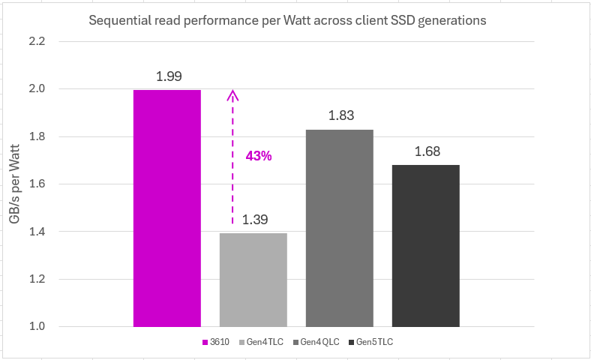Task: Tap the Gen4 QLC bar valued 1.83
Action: [x=339, y=228]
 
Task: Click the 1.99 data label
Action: [x=168, y=76]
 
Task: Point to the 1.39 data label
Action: [x=253, y=220]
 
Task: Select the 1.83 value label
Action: [x=340, y=115]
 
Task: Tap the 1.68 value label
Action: [x=426, y=151]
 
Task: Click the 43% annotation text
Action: [x=259, y=156]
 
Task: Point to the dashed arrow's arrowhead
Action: [x=233, y=94]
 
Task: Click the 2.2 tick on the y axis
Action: [x=57, y=41]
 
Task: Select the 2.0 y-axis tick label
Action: [x=57, y=88]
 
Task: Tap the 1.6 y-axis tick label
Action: [x=57, y=184]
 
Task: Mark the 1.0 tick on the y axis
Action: [x=57, y=326]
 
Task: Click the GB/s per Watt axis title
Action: [x=15, y=184]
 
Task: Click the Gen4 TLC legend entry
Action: [x=262, y=342]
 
